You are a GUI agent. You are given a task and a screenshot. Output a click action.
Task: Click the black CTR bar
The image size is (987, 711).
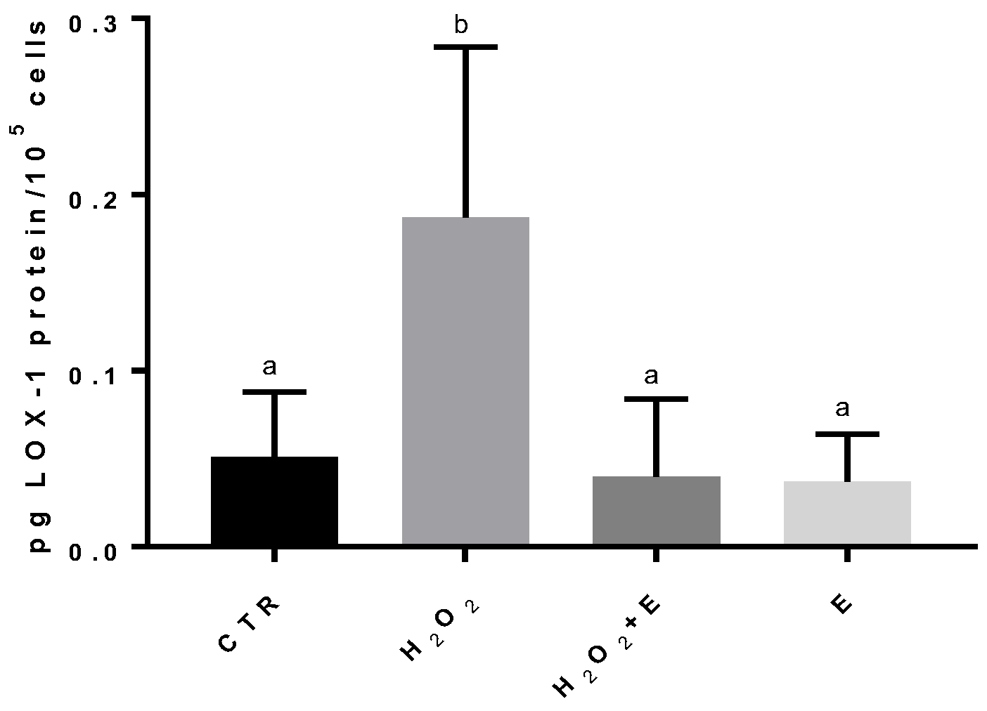point(274,500)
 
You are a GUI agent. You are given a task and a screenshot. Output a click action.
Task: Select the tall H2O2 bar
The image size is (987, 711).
point(465,380)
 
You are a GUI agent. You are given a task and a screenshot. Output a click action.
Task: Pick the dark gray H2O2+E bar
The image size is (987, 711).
point(656,510)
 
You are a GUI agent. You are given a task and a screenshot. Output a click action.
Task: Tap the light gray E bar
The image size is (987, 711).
point(847,512)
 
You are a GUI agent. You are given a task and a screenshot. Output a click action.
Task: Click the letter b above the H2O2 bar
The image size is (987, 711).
point(461,26)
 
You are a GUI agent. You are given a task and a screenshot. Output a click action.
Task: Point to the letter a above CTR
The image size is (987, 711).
point(269,367)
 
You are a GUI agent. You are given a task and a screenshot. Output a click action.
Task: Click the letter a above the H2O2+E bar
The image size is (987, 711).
point(652,376)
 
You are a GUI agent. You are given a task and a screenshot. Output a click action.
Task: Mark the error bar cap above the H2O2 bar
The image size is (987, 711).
point(465,47)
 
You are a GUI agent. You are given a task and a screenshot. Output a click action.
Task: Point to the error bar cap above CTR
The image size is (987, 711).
point(274,391)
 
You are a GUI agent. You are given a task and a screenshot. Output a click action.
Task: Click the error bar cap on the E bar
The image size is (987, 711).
point(847,434)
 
